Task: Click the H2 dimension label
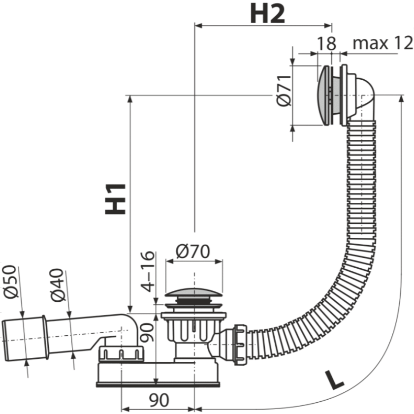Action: pyautogui.click(x=267, y=14)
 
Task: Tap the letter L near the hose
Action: pyautogui.click(x=334, y=380)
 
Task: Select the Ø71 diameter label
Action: pyautogui.click(x=284, y=91)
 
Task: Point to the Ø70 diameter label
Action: pyautogui.click(x=193, y=251)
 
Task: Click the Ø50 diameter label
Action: pyautogui.click(x=11, y=282)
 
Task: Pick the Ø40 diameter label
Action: pyautogui.click(x=58, y=285)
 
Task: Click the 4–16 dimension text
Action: pyautogui.click(x=147, y=271)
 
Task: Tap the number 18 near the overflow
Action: pyautogui.click(x=326, y=43)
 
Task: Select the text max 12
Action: pyautogui.click(x=382, y=43)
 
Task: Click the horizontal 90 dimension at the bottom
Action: pyautogui.click(x=159, y=400)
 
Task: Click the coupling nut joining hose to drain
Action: pyautogui.click(x=241, y=345)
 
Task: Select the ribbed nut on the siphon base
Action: pyautogui.click(x=121, y=354)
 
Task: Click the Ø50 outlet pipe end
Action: pyautogui.click(x=25, y=339)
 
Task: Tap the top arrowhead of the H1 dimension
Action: pyautogui.click(x=129, y=99)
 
